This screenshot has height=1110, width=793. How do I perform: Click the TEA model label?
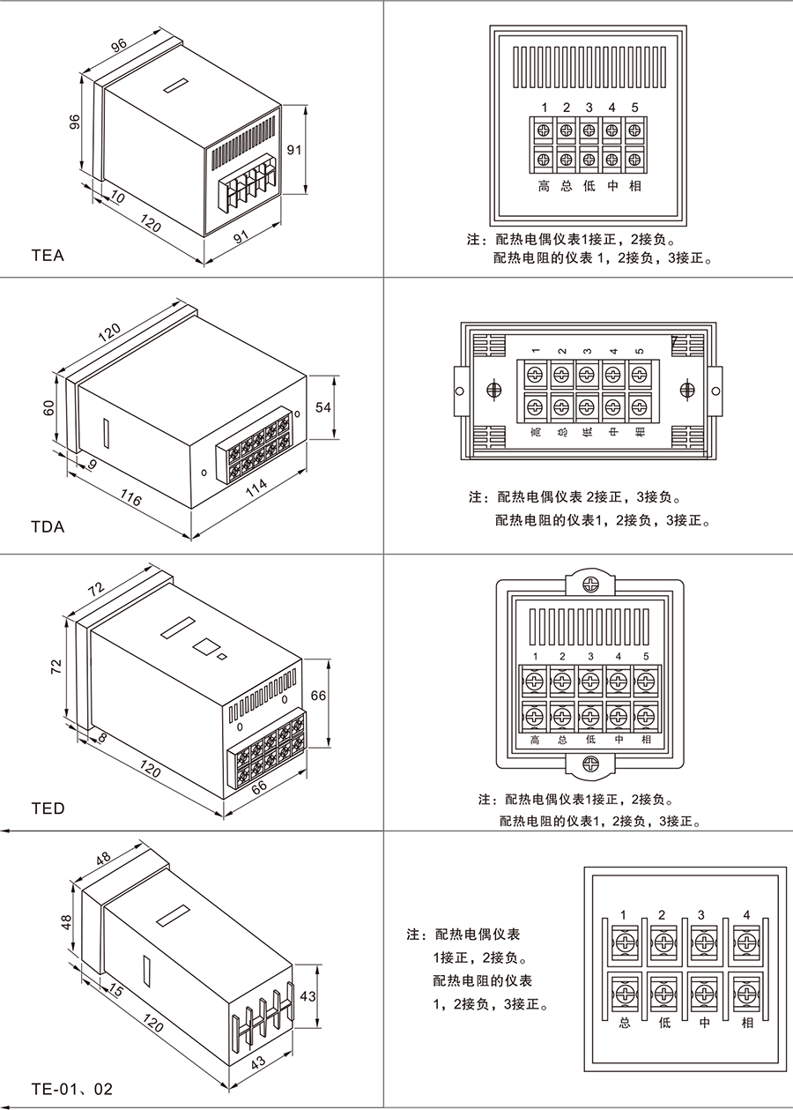point(48,257)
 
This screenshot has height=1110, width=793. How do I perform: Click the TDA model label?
point(48,527)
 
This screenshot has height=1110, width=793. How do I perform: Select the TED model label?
point(48,808)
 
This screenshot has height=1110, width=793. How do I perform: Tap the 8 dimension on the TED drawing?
point(102,737)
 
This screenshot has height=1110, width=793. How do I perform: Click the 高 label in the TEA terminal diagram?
point(544,187)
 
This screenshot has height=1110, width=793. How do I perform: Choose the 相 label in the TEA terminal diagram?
point(635,187)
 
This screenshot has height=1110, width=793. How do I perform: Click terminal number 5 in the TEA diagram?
point(634,108)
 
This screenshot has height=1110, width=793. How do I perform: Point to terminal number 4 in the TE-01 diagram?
point(747,913)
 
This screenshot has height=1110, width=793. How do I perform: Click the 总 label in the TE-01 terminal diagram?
point(624,1024)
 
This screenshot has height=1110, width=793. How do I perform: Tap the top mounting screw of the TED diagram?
point(592,584)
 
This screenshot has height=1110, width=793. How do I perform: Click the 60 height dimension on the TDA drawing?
point(49,407)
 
